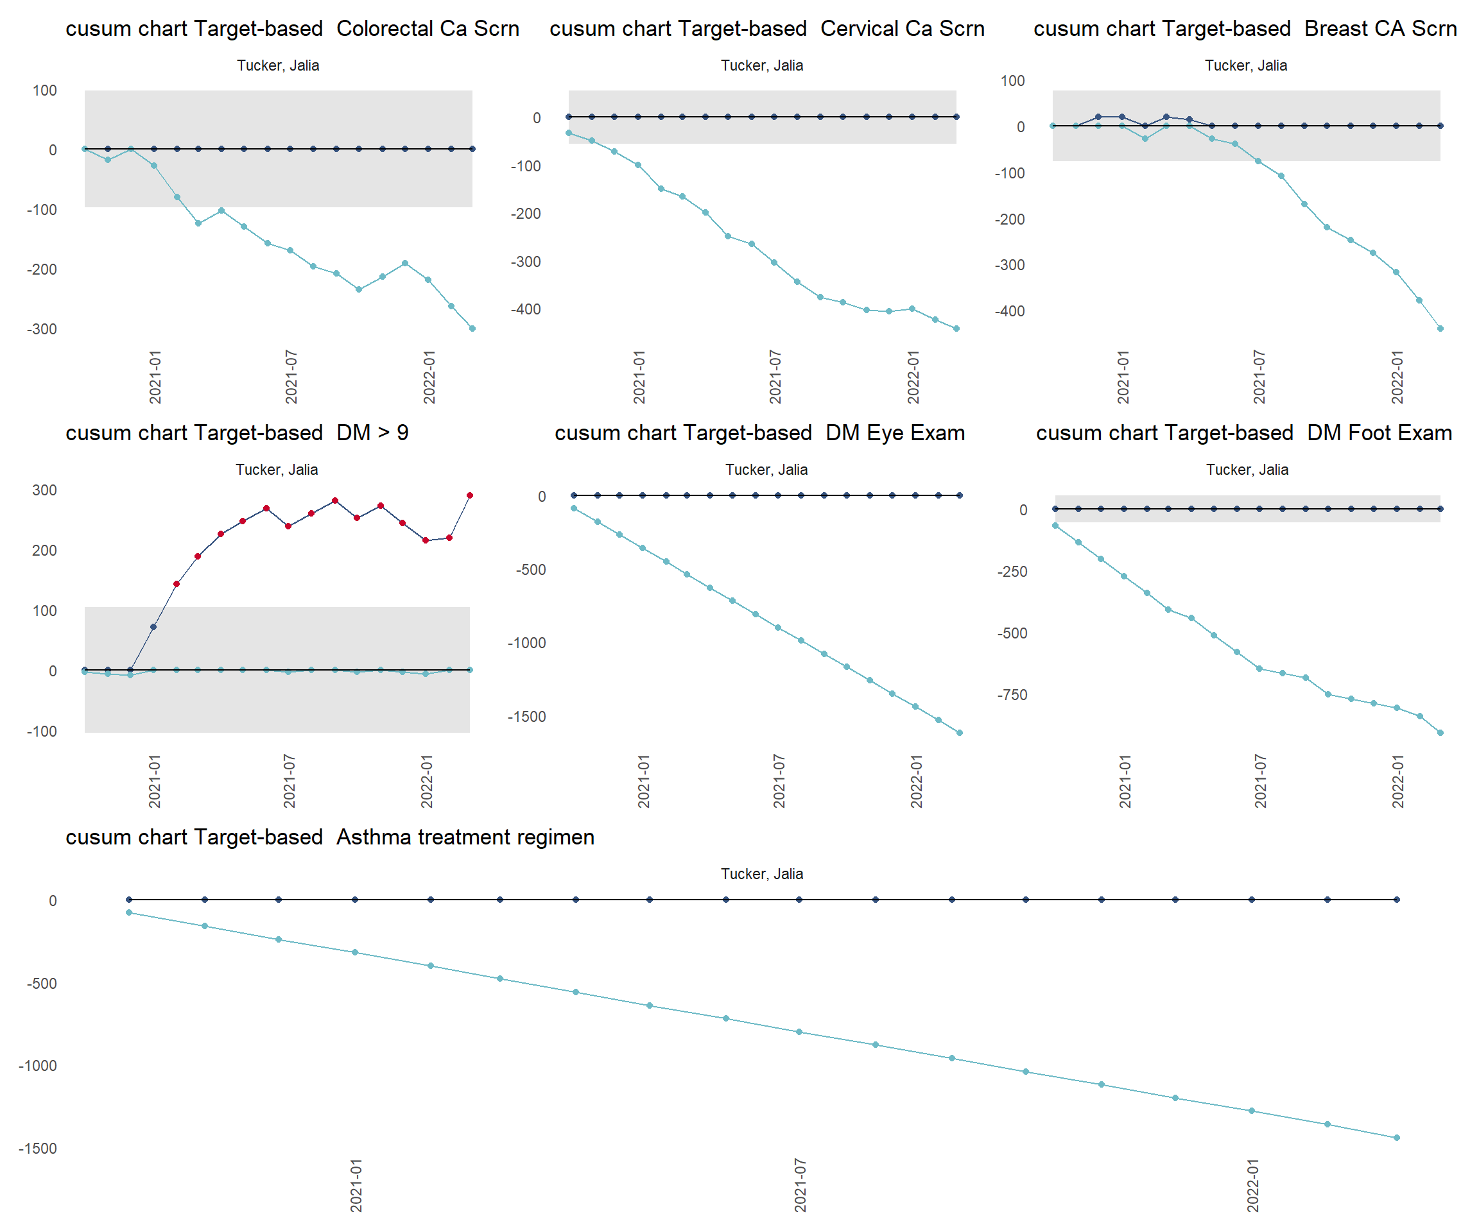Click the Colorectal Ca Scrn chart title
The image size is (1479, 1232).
tap(292, 29)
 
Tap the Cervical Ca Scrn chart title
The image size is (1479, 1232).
tap(767, 29)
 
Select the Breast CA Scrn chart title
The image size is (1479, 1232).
tap(1245, 29)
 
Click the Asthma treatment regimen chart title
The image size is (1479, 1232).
tap(329, 837)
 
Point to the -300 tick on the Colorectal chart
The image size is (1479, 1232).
tap(42, 329)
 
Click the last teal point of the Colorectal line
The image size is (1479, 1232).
tap(472, 329)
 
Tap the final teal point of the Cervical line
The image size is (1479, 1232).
tap(956, 329)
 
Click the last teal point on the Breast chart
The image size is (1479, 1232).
tap(1440, 329)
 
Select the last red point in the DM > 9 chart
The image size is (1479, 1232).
tap(470, 495)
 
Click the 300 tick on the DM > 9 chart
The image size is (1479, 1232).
tap(44, 490)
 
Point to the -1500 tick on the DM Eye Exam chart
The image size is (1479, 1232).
tap(527, 717)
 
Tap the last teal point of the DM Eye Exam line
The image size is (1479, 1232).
tap(960, 733)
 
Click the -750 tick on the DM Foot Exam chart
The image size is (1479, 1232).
tap(1012, 695)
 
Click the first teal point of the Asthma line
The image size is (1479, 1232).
tap(129, 913)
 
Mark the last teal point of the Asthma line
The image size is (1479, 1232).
tap(1397, 1138)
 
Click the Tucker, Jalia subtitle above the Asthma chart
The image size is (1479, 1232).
tap(761, 874)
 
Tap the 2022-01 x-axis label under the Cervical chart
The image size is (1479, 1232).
tap(913, 377)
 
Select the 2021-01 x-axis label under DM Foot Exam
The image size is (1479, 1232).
tap(1125, 781)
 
